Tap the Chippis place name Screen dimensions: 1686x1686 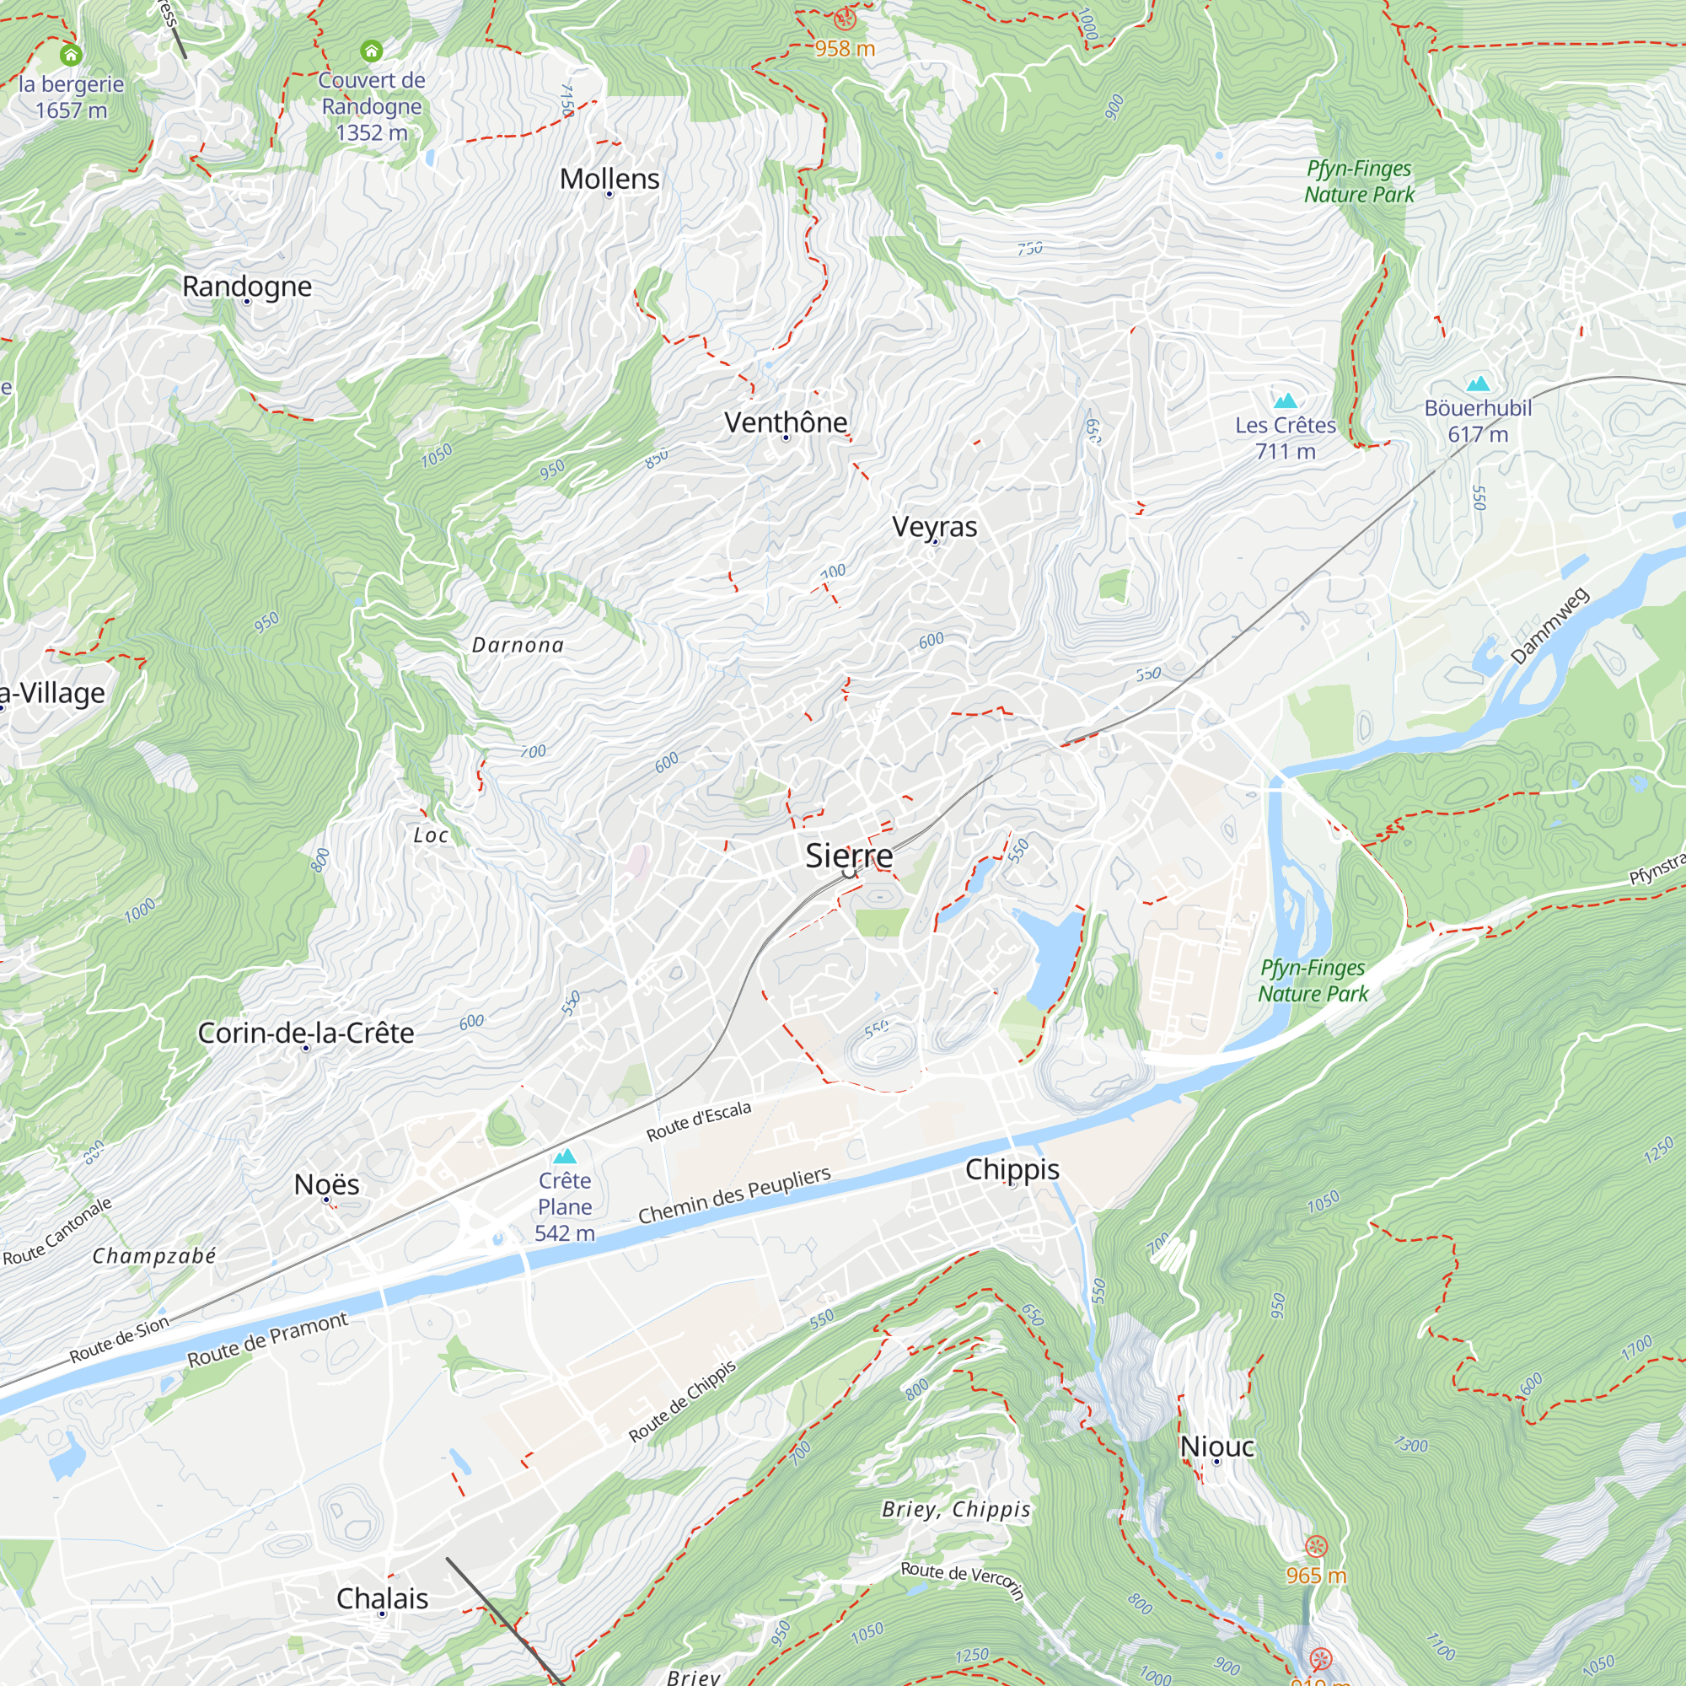tap(1012, 1169)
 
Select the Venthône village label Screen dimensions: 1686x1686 tap(786, 422)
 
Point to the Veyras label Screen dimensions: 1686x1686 tap(935, 526)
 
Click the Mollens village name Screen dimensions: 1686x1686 tap(609, 179)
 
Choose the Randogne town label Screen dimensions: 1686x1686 tap(247, 287)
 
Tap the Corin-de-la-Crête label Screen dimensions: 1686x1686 tap(305, 1033)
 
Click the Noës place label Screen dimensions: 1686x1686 tap(326, 1184)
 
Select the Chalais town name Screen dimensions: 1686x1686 tap(382, 1597)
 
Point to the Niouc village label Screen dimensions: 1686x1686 tap(1216, 1446)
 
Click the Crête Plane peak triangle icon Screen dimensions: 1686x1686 tap(565, 1157)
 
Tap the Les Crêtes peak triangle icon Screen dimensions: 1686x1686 tap(1286, 401)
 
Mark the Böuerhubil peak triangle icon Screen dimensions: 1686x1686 tap(1478, 384)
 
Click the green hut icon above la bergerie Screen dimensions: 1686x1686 tap(72, 55)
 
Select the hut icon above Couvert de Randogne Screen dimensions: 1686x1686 tap(372, 51)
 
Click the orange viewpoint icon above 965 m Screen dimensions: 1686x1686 tap(1316, 1546)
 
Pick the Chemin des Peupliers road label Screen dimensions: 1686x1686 tap(734, 1195)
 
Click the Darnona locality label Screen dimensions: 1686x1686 tap(518, 645)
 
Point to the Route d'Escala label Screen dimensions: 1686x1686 tap(698, 1121)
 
